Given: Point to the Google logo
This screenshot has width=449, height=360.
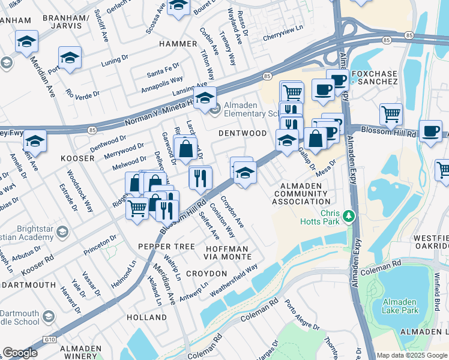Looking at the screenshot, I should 20,353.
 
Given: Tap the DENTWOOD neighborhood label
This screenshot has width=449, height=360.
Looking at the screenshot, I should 242,133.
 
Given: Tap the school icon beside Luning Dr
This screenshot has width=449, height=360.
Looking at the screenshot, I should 70,58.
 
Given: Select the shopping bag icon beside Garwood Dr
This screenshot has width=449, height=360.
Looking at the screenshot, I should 185,148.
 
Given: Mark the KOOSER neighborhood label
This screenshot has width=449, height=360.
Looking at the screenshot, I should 77,158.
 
